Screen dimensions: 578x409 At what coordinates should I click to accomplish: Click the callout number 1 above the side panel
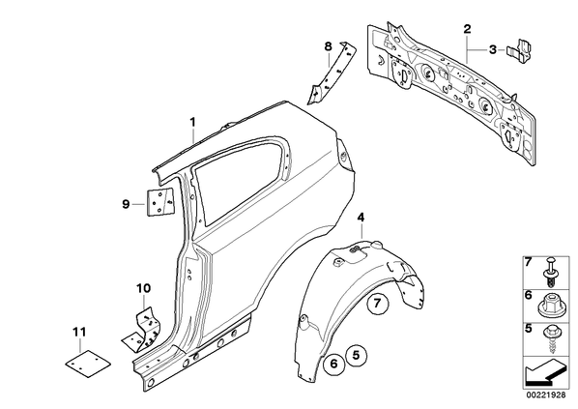(192, 122)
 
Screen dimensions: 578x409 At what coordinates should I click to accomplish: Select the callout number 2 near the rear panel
(467, 29)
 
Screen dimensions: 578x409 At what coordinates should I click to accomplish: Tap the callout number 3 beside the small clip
(493, 49)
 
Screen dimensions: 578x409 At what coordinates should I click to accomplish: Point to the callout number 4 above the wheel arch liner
(361, 218)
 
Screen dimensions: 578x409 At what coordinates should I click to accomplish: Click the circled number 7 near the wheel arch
(378, 304)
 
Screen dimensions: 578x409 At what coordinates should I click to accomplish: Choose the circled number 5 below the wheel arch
(356, 355)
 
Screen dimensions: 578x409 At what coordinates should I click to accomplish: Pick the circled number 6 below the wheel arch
(333, 364)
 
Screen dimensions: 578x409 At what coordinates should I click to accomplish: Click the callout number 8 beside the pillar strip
(328, 46)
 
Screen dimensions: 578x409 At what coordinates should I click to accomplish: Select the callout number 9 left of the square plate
(126, 204)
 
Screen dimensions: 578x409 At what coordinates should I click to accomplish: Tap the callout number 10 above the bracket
(143, 288)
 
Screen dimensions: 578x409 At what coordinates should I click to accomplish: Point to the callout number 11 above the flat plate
(79, 333)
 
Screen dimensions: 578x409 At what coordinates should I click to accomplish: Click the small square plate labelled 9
(160, 202)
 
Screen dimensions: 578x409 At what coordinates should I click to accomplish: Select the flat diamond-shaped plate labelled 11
(88, 364)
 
